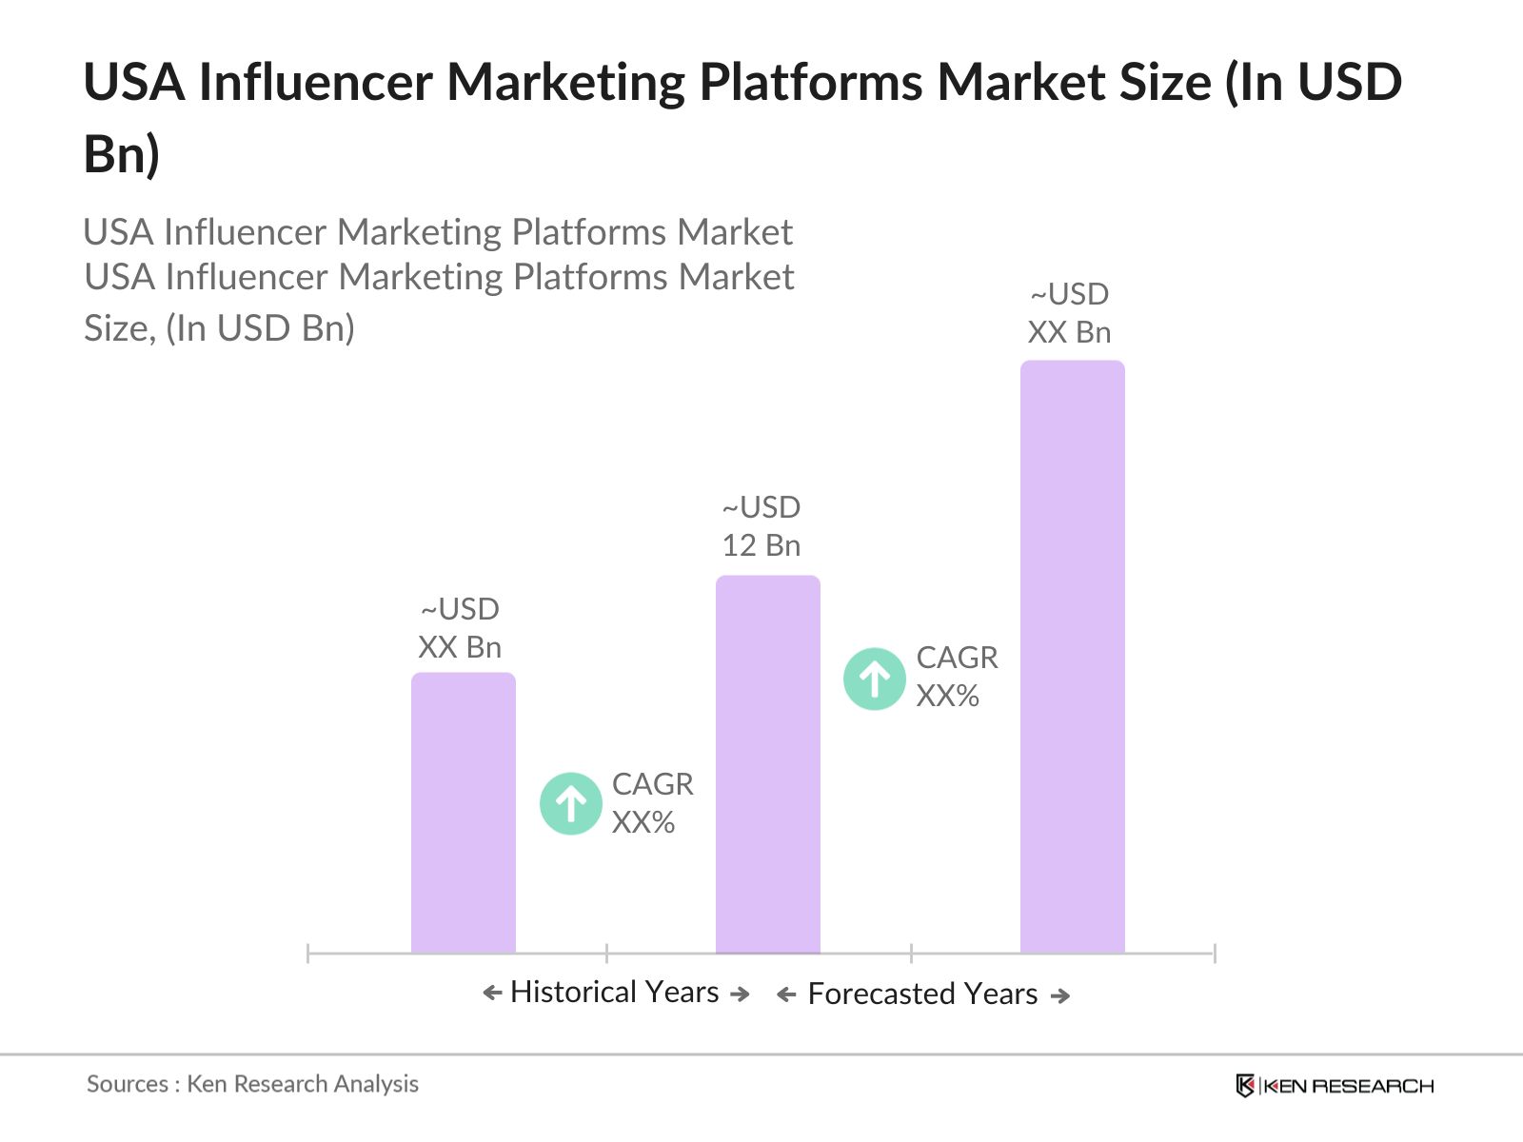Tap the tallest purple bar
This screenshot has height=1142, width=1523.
click(x=1072, y=657)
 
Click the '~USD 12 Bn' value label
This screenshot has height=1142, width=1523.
click(x=761, y=526)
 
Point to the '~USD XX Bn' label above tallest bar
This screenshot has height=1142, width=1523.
click(x=1069, y=313)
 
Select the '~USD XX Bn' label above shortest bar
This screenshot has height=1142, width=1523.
click(x=460, y=628)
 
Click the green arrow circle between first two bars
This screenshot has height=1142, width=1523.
click(x=571, y=803)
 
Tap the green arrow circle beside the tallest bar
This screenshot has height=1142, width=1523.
click(x=874, y=679)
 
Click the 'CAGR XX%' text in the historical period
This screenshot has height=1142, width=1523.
click(x=652, y=802)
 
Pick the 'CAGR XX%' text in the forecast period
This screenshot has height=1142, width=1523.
click(x=956, y=676)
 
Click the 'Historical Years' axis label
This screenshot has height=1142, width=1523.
click(x=614, y=992)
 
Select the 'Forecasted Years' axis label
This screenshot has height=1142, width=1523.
click(x=921, y=994)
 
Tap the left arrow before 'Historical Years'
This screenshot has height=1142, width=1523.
click(x=492, y=993)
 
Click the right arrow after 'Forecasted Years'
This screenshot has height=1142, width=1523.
click(x=1060, y=995)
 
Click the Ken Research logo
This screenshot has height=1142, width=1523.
click(x=1334, y=1085)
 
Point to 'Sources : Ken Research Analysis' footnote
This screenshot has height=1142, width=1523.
click(x=252, y=1083)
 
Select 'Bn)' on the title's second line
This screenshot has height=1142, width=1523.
click(x=121, y=154)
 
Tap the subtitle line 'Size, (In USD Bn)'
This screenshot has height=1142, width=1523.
click(x=219, y=328)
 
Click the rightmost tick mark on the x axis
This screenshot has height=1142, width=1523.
click(x=1214, y=953)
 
